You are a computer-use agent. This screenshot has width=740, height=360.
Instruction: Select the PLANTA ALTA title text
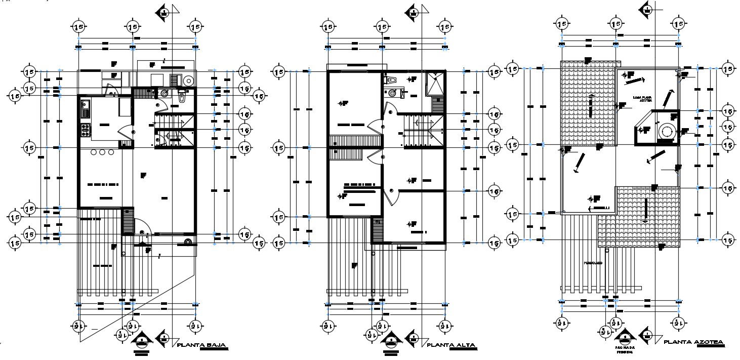(451, 345)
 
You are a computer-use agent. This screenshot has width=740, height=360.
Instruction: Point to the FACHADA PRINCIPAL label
(626, 350)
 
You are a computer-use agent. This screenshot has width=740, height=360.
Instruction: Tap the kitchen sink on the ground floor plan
(85, 106)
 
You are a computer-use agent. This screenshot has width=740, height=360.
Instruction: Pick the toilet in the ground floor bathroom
(182, 97)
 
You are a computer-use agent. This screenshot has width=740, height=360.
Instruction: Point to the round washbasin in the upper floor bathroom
(389, 92)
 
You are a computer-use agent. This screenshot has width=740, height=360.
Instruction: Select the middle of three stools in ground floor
(102, 152)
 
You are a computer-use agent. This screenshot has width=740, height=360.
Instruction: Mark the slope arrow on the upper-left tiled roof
(591, 105)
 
